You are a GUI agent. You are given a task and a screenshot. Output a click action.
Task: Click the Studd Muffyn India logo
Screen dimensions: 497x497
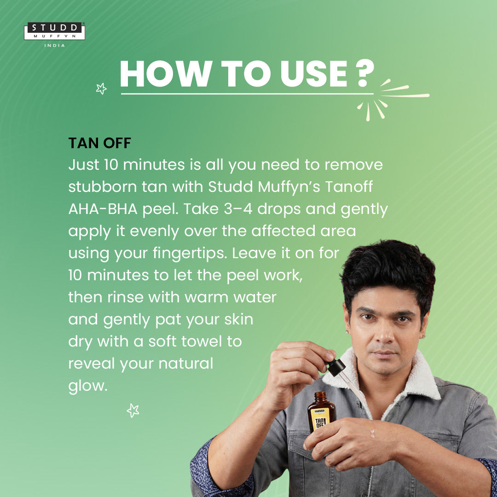point(54,35)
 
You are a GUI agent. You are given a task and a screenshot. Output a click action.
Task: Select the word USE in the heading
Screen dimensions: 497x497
point(314,74)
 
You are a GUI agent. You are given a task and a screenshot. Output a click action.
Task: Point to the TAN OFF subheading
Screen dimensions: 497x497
point(99,143)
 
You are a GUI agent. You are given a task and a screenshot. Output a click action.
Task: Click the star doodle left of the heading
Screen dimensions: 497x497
point(101,89)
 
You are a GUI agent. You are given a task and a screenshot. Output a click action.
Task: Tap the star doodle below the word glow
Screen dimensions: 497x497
point(133,410)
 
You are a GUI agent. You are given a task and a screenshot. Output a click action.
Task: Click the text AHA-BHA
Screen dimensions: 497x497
point(103,209)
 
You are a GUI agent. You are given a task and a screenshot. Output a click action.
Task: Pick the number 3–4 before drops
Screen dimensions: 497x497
point(238,209)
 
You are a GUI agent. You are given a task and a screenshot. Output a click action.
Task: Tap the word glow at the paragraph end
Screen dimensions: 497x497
point(88,387)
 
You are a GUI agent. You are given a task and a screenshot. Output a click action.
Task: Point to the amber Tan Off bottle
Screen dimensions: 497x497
point(321,412)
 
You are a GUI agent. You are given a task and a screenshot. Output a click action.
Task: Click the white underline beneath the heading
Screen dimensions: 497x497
point(247,94)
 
